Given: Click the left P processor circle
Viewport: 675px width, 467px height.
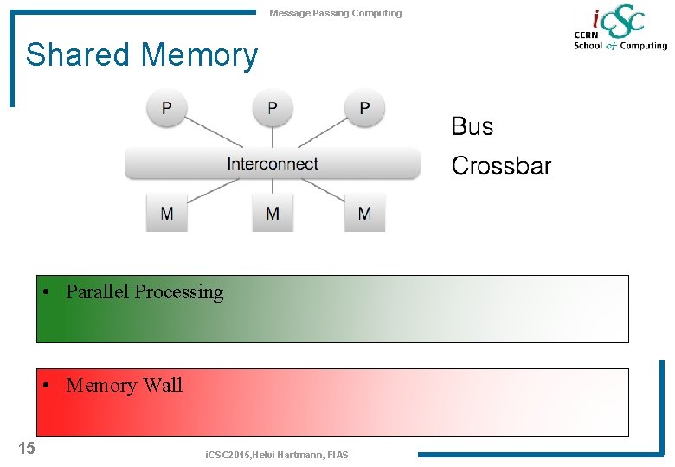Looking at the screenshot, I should tap(167, 109).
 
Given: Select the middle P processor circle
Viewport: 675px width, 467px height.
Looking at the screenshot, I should tap(273, 109).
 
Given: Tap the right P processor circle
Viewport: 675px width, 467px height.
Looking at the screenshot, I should tap(364, 109).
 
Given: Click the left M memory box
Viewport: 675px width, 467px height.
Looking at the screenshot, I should tap(167, 213).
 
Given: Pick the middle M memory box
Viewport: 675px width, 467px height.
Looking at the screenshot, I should tap(273, 213).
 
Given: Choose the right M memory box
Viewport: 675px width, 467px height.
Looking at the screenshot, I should tap(364, 213).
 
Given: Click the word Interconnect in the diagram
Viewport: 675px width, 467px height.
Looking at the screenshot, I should tap(273, 164).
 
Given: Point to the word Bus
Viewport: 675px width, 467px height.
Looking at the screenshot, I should tap(472, 127).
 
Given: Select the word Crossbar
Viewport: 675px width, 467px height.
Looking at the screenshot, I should tap(501, 166).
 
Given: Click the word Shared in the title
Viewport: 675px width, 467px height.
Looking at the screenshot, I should tap(79, 55).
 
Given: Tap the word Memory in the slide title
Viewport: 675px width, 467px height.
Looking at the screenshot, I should tap(199, 55).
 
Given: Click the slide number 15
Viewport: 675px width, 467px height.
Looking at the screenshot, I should tap(27, 447).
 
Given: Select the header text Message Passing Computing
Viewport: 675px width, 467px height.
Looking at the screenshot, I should tap(336, 13).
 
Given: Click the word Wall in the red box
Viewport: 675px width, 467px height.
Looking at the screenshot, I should tap(164, 386).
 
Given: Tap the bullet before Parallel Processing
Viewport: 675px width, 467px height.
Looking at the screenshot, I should tap(53, 292).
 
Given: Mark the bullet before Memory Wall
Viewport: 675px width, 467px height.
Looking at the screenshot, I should tap(53, 386).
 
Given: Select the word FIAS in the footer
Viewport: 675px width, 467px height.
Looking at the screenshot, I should tap(337, 455).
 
